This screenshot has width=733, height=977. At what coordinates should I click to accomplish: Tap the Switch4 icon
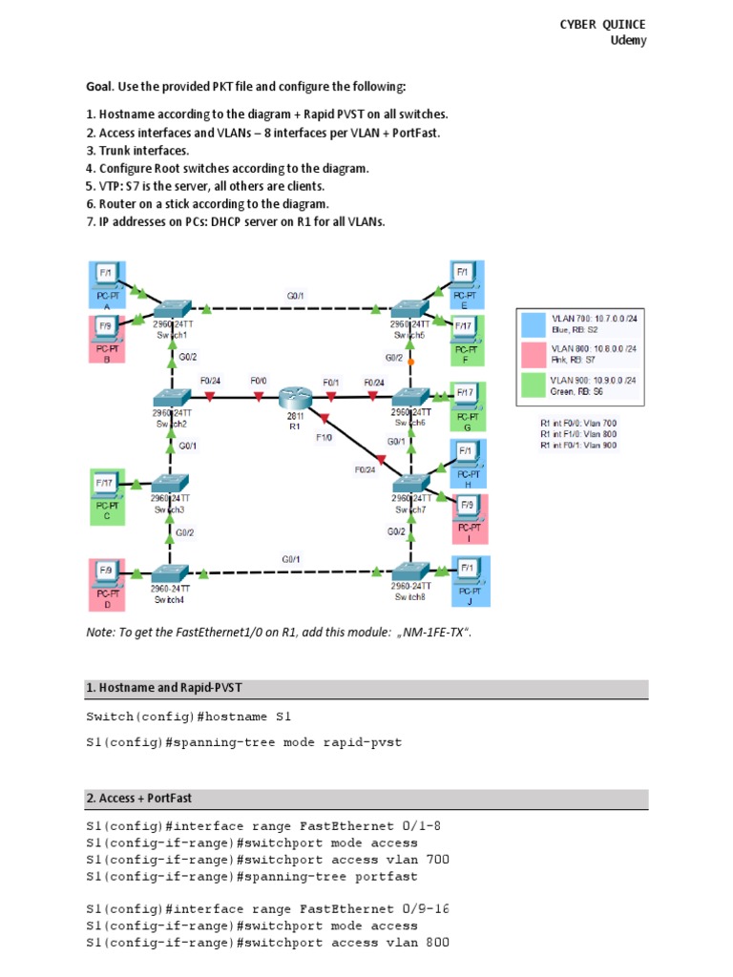(x=172, y=573)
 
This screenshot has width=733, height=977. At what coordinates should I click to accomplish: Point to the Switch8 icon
(x=412, y=573)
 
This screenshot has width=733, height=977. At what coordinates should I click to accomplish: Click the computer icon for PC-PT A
(x=108, y=277)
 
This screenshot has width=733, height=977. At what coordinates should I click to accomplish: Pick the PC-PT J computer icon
(x=468, y=574)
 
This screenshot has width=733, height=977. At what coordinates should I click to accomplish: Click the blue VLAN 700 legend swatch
(x=533, y=322)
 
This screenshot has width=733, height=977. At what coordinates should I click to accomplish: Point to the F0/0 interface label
(x=259, y=381)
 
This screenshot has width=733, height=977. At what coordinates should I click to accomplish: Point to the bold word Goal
(x=100, y=87)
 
